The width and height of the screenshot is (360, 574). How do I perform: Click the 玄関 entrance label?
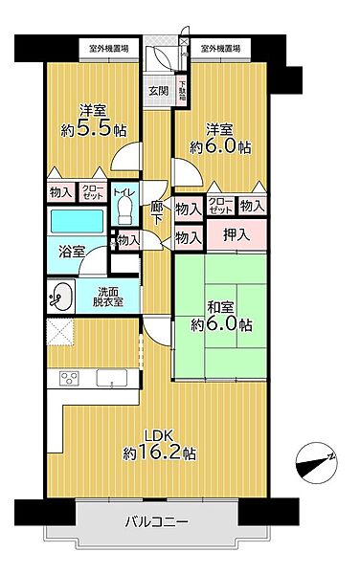(157, 92)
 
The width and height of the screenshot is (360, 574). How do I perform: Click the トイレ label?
(122, 191)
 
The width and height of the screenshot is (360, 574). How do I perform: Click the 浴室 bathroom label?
(70, 251)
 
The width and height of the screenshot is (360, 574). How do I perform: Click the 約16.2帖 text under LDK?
(159, 452)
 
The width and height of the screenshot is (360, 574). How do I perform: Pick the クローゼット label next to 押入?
(220, 206)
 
